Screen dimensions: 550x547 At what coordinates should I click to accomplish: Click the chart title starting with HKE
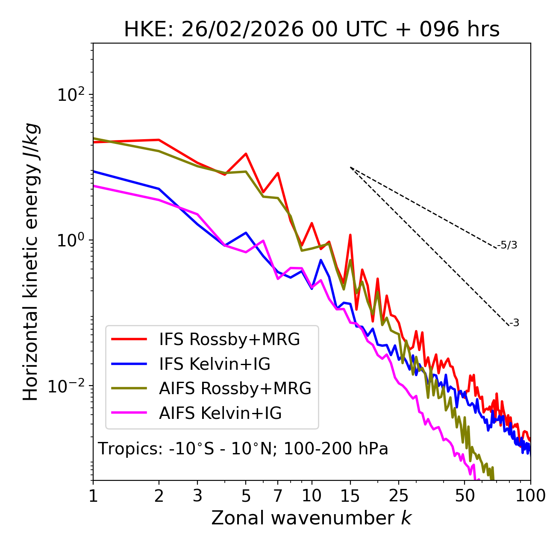pos(312,30)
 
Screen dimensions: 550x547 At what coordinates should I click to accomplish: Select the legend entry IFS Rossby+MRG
pos(229,339)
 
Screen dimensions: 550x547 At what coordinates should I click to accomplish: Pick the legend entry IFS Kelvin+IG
pos(215,364)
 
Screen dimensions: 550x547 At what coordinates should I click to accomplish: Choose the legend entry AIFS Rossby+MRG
pos(235,389)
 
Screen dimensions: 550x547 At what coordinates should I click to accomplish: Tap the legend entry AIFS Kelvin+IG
pos(220,413)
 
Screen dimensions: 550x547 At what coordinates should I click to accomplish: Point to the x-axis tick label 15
pos(350,496)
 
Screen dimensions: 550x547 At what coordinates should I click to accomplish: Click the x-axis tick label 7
pos(278,496)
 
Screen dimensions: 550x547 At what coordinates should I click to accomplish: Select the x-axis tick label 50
pos(465,496)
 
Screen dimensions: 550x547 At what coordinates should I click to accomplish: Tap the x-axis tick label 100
pos(530,496)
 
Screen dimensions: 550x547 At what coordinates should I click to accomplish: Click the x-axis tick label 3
pos(197,496)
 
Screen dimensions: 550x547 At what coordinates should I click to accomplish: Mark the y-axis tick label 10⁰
pos(70,240)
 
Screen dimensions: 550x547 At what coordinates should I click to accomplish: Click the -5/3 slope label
pos(507,246)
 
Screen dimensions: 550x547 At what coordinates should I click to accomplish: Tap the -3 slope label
pos(514,323)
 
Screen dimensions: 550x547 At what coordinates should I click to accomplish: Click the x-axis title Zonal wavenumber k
pos(311,518)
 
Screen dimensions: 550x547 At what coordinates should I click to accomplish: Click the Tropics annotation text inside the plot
pos(243,449)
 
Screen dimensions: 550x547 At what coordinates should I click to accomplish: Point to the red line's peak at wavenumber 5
pos(246,154)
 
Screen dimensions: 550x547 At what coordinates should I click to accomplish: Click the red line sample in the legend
pos(129,339)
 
